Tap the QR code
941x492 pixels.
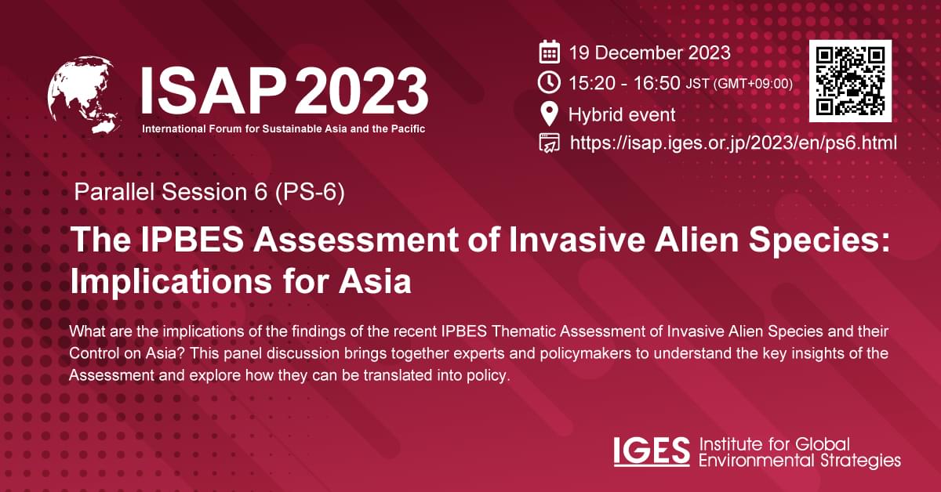point(850,81)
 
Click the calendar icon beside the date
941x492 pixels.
point(550,53)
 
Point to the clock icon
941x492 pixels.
point(550,82)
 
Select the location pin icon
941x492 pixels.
point(550,114)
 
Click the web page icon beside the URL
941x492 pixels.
point(550,143)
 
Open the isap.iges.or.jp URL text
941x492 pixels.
point(732,143)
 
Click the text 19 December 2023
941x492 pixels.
point(649,53)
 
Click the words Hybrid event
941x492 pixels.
point(621,114)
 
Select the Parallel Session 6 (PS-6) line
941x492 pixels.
point(209,192)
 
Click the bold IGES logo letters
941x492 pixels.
point(652,452)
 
